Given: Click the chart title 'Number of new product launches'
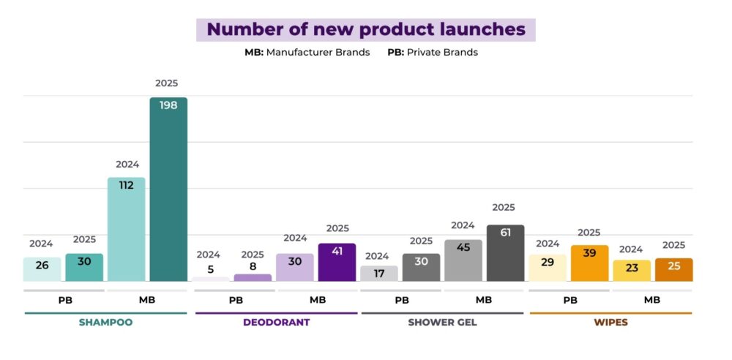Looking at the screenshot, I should [x=365, y=29].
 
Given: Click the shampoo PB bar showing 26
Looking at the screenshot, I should [x=42, y=269].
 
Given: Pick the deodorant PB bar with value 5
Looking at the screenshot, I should [x=210, y=279].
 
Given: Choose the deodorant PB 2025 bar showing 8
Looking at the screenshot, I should [x=253, y=277].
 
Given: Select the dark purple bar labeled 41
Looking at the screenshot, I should [x=337, y=262].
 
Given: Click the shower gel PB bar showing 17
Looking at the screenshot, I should [x=379, y=273].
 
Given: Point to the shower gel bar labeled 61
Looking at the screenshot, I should [x=505, y=252].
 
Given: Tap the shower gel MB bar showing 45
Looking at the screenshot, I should [x=463, y=260].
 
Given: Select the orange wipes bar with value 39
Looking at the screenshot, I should [x=589, y=263].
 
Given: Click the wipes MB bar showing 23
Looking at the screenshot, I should [x=632, y=270].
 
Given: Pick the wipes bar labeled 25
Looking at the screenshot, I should [x=673, y=269].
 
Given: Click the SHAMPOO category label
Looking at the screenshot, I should [x=105, y=322].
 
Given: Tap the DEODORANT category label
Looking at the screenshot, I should [x=276, y=322].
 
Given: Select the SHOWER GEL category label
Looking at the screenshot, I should [x=442, y=322].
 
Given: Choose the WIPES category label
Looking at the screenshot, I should [x=610, y=322].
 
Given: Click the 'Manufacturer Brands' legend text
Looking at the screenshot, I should [x=317, y=53].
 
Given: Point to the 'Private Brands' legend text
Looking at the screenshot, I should [x=442, y=53].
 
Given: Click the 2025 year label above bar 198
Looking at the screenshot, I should [x=167, y=83].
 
